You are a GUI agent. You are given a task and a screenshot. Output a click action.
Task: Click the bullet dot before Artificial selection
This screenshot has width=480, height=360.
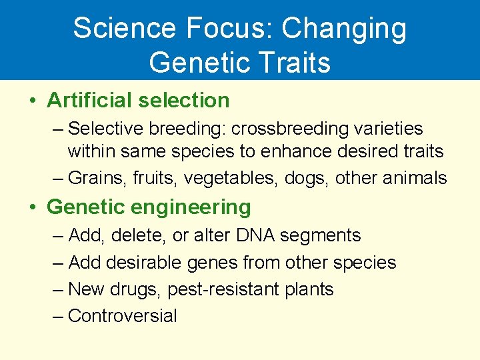33,101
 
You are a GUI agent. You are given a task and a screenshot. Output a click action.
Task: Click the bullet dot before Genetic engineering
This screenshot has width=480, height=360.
33,208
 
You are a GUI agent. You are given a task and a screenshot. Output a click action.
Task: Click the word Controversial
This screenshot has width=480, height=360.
123,315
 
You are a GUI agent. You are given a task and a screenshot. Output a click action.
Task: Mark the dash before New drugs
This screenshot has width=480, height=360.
58,289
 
